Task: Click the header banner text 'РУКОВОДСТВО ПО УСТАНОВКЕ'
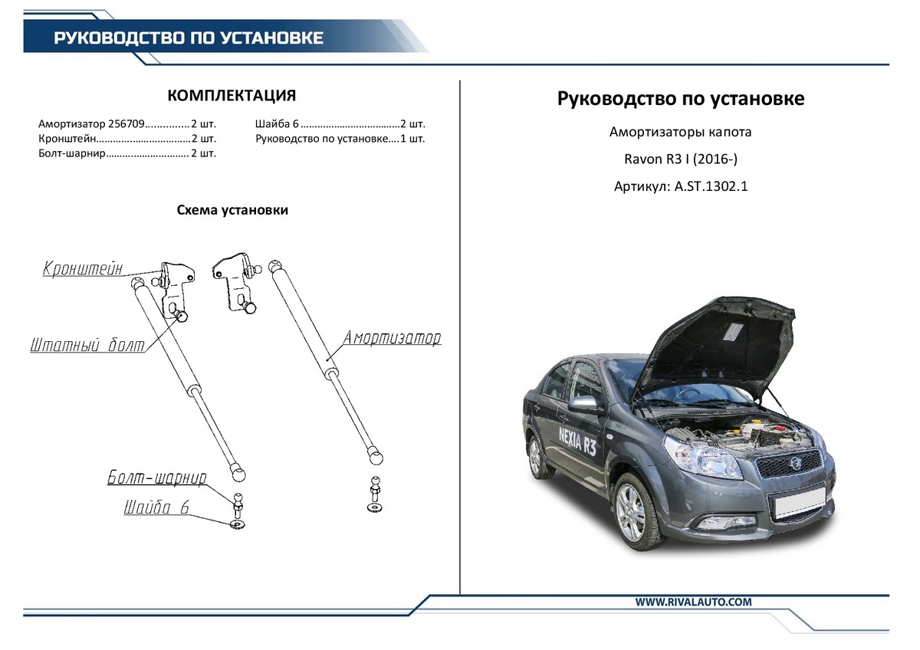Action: (189, 38)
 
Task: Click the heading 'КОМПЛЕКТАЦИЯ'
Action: (232, 96)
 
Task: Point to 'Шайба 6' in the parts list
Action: (276, 124)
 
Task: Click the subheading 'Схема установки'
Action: (232, 210)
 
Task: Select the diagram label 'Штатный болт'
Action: (87, 346)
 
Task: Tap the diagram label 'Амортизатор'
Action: (392, 338)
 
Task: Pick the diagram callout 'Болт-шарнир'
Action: (156, 479)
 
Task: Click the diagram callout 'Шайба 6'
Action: (156, 508)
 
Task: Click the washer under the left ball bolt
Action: (238, 525)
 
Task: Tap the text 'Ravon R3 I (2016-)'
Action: (680, 159)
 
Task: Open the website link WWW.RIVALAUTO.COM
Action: (693, 602)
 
